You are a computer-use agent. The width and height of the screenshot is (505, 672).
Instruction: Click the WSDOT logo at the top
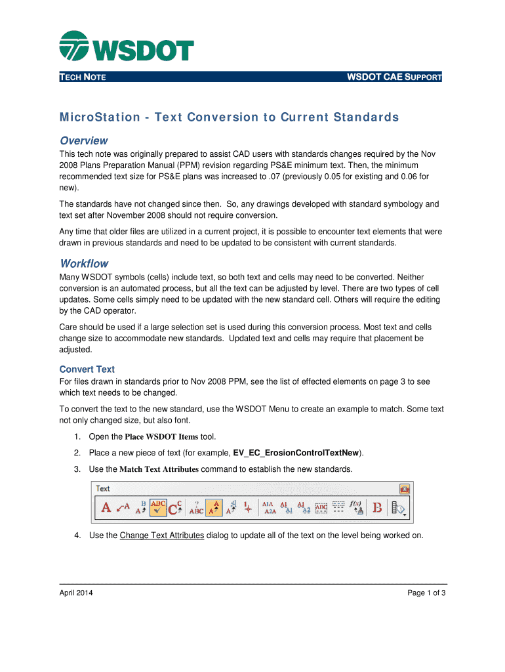coord(127,47)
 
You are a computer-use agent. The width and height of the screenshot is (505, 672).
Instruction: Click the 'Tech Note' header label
coord(83,77)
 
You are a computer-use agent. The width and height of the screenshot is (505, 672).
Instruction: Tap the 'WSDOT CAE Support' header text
coord(394,77)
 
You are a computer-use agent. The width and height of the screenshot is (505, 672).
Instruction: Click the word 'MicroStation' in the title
coord(100,117)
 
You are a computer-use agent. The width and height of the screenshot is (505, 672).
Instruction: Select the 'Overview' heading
coord(83,140)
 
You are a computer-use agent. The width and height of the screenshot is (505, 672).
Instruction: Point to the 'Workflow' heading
coord(84,263)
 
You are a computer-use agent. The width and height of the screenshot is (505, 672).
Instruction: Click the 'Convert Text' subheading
coord(87,369)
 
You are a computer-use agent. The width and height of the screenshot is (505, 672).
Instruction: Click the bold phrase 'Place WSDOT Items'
coord(161,437)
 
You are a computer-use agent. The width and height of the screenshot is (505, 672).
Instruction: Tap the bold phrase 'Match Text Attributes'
coord(159,469)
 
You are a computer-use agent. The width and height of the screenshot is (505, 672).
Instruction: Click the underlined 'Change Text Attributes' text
coord(162,535)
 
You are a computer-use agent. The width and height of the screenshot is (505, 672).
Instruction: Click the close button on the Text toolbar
coord(405,489)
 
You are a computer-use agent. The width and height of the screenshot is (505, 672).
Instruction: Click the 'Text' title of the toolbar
coord(103,489)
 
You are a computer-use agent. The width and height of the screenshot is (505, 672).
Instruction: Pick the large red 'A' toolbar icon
coord(105,507)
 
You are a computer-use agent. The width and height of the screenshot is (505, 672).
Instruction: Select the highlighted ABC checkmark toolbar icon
coord(158,507)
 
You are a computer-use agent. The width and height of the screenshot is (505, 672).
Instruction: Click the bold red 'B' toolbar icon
coord(377,507)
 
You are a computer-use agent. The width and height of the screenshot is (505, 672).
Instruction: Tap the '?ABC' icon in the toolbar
coord(196,507)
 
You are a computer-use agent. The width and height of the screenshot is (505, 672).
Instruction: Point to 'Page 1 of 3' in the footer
coord(426,593)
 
